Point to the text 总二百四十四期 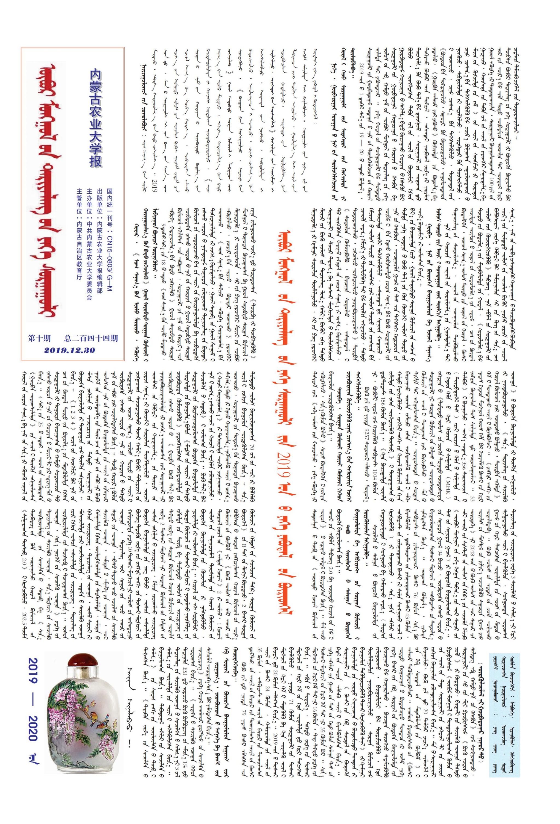(x=91, y=339)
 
